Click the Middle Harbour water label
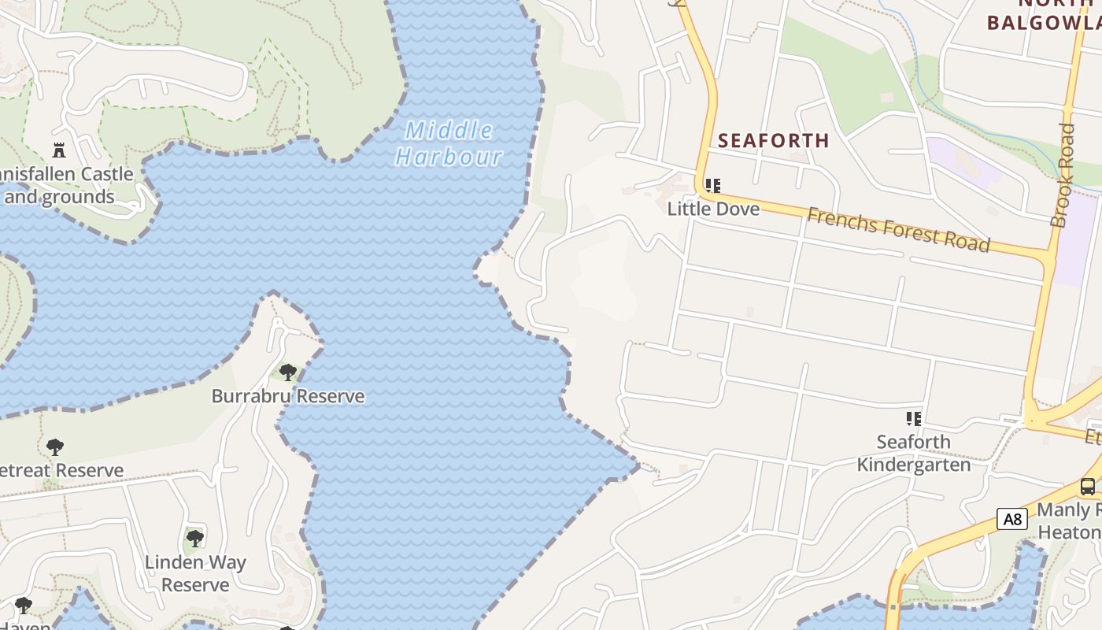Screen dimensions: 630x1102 click(449, 143)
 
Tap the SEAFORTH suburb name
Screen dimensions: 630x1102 click(774, 141)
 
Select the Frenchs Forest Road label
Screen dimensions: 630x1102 click(898, 229)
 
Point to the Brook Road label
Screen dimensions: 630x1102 click(1063, 175)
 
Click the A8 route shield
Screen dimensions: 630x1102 click(1012, 519)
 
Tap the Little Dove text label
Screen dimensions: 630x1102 click(713, 209)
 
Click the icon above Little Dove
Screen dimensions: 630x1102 click(713, 186)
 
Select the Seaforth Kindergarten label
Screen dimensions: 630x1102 click(913, 453)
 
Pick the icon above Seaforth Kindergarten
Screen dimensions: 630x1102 click(913, 418)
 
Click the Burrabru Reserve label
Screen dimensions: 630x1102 click(288, 396)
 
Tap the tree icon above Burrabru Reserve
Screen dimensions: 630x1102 click(288, 372)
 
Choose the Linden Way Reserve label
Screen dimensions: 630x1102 click(195, 573)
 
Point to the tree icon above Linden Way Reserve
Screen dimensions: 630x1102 click(195, 539)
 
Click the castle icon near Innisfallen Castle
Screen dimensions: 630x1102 click(58, 150)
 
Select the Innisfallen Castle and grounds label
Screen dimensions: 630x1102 click(66, 185)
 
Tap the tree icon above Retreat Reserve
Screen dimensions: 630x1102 click(54, 447)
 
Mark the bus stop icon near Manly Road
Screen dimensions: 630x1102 click(1087, 487)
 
